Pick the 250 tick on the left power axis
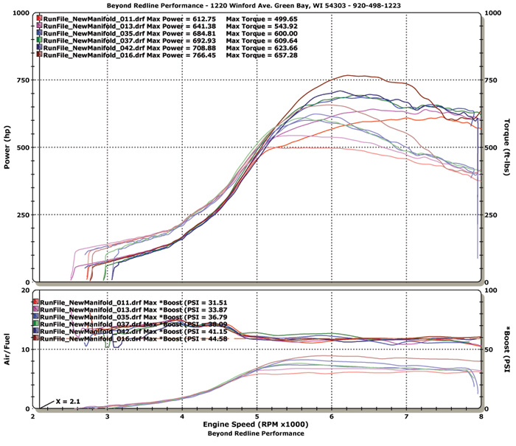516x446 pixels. pos(23,215)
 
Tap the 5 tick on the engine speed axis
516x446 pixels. pos(257,416)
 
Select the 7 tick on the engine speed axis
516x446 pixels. pos(406,416)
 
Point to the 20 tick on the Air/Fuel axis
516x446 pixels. pos(25,290)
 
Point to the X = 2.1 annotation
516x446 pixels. pos(69,400)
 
